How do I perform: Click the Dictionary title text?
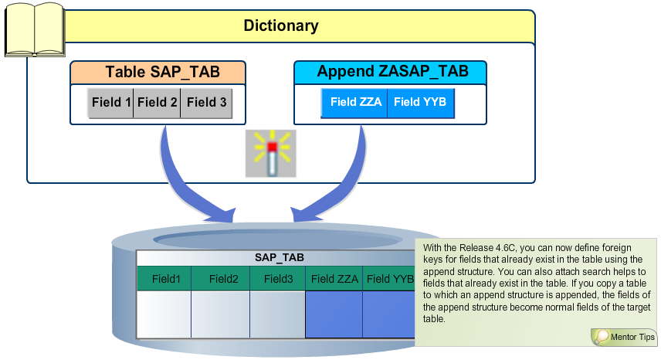[281, 25]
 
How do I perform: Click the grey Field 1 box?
[110, 102]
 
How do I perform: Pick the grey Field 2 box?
[158, 102]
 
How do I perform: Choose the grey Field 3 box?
[206, 102]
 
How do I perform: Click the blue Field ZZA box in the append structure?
[355, 102]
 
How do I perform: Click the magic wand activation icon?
[270, 155]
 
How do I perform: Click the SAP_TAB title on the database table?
[279, 257]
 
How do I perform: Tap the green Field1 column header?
[165, 279]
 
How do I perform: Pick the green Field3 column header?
[277, 279]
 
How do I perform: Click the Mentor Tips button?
[624, 337]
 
